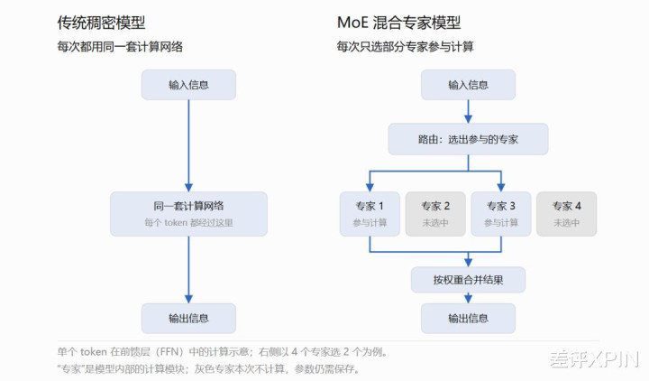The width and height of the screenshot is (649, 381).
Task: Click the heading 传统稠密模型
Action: (x=101, y=23)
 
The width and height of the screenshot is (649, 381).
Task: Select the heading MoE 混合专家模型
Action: (x=399, y=23)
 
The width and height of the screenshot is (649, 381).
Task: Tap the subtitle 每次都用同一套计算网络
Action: (x=120, y=46)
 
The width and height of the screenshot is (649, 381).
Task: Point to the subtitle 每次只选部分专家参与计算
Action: (x=406, y=46)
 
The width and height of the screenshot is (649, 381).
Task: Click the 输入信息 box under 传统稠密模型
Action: (x=188, y=85)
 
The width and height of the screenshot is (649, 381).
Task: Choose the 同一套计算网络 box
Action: (x=188, y=214)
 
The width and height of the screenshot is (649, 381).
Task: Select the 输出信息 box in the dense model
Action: (x=188, y=318)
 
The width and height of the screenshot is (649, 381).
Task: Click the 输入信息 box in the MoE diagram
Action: (x=468, y=85)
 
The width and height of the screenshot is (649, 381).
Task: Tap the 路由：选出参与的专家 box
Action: (x=468, y=139)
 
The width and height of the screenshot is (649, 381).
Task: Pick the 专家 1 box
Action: (x=370, y=214)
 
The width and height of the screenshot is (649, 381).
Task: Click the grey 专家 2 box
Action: (x=435, y=214)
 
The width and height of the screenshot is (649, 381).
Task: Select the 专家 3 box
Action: (x=501, y=214)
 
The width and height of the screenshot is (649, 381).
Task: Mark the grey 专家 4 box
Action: (x=567, y=214)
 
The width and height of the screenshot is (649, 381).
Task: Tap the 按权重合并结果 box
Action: (x=468, y=280)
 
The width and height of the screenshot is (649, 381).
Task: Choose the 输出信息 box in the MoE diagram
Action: (x=468, y=318)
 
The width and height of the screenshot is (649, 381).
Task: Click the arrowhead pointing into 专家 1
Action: (x=370, y=187)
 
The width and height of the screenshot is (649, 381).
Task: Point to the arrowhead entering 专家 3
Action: (x=501, y=187)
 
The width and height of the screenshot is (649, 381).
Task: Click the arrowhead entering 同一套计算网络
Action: (x=188, y=187)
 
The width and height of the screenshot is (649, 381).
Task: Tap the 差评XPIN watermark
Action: (x=594, y=359)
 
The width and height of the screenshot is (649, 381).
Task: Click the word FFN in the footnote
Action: (x=171, y=352)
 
